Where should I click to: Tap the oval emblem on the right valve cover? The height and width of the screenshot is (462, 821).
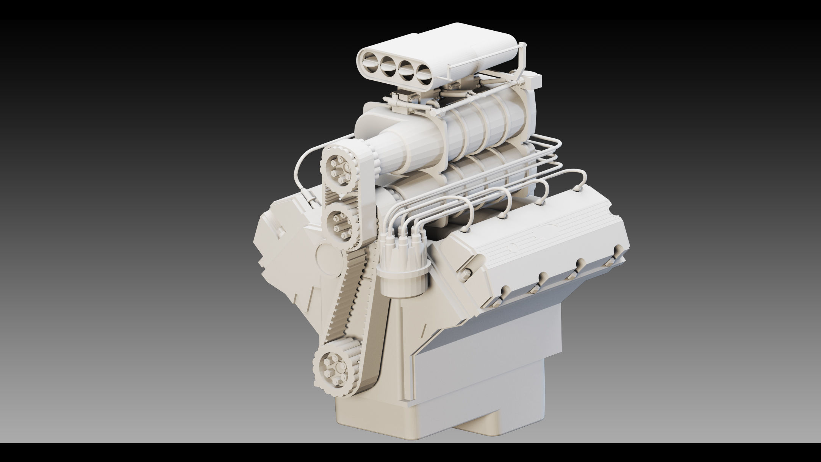543,230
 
